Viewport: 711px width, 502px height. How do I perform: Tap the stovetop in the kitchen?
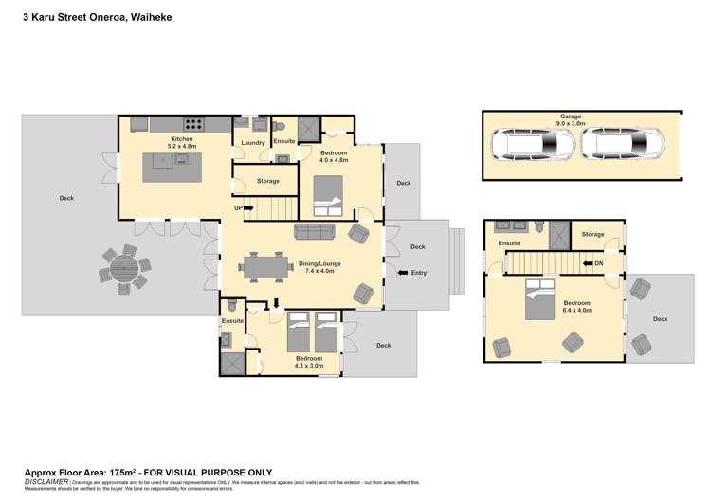click(195, 123)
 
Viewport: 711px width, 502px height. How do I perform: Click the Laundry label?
click(252, 143)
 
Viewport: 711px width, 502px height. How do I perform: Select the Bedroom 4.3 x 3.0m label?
click(308, 362)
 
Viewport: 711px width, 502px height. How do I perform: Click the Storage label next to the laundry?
click(267, 180)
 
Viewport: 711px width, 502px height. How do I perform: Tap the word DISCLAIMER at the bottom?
click(45, 482)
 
